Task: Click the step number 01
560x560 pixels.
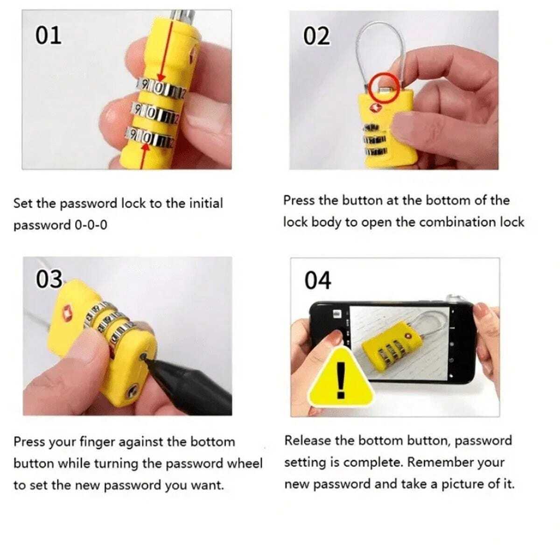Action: (x=49, y=35)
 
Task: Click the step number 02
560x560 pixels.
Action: (x=316, y=36)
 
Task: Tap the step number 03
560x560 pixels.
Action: (x=49, y=279)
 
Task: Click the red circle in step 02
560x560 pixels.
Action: (x=384, y=88)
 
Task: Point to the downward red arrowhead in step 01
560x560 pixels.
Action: (x=161, y=78)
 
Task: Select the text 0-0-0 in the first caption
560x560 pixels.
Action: (x=91, y=225)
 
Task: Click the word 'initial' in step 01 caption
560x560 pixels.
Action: (x=206, y=203)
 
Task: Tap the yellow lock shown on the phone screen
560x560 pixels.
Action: (x=389, y=347)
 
